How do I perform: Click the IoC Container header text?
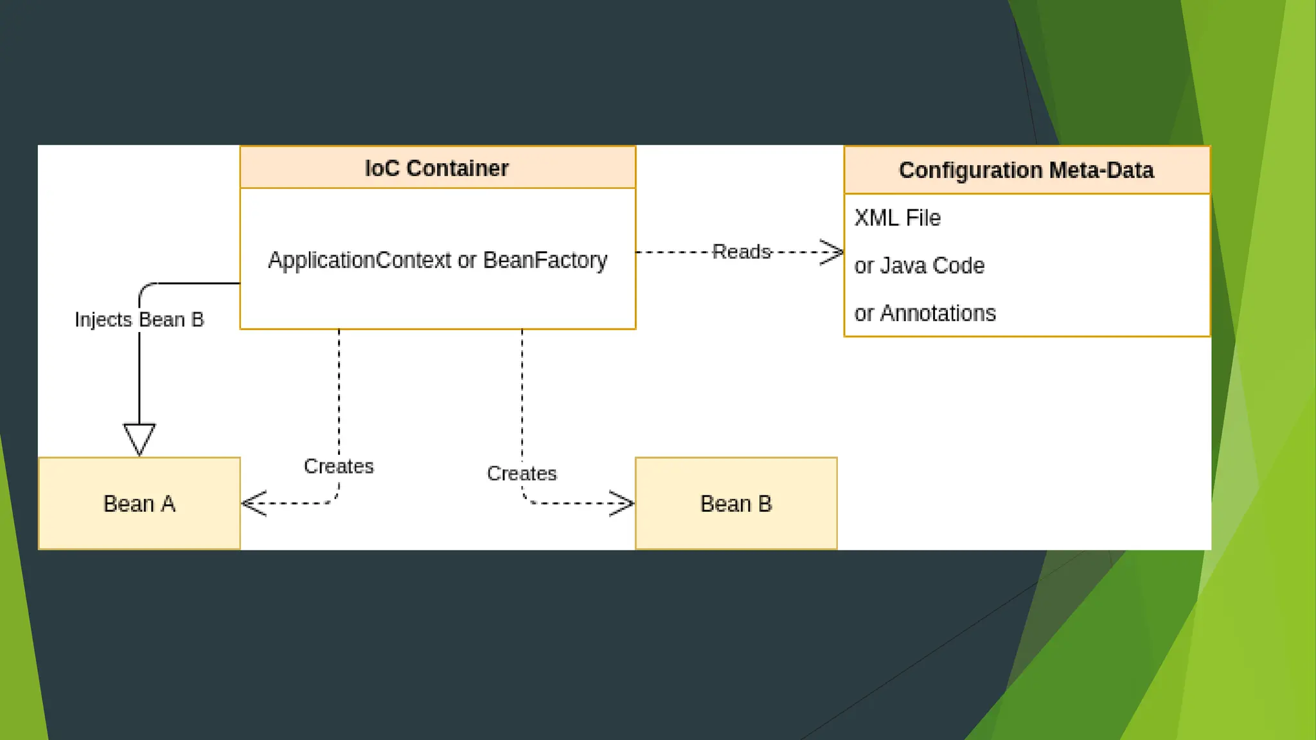click(436, 168)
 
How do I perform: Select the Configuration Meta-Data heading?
click(1026, 170)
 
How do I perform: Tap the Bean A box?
click(139, 504)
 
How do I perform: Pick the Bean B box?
click(736, 504)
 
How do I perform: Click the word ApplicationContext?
click(360, 260)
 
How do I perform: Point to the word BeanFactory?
click(545, 260)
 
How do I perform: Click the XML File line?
click(897, 218)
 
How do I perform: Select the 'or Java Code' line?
click(919, 265)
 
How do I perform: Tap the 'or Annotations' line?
click(925, 313)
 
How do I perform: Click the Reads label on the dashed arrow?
click(742, 252)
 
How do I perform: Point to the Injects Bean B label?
click(139, 319)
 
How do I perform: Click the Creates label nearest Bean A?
click(339, 466)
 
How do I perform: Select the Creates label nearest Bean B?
click(522, 473)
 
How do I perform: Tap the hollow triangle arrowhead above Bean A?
click(139, 439)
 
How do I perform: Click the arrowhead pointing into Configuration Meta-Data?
click(832, 252)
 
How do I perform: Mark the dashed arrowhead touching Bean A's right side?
click(254, 504)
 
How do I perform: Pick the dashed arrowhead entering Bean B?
click(622, 504)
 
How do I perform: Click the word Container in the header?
click(458, 168)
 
